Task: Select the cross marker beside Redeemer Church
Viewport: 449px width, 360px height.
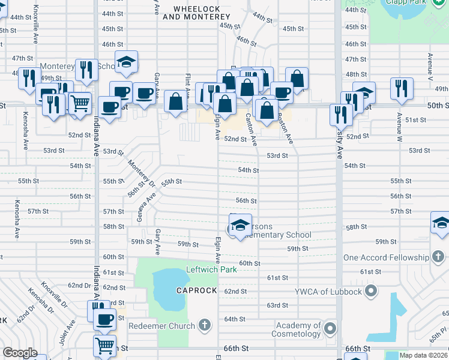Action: click(204, 326)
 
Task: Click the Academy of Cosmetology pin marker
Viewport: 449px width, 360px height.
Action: click(330, 328)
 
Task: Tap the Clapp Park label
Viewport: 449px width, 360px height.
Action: click(410, 2)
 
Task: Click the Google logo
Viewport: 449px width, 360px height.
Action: click(20, 353)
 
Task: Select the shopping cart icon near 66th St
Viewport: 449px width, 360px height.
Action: click(105, 345)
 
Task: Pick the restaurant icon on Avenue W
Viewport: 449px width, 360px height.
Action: click(402, 88)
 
